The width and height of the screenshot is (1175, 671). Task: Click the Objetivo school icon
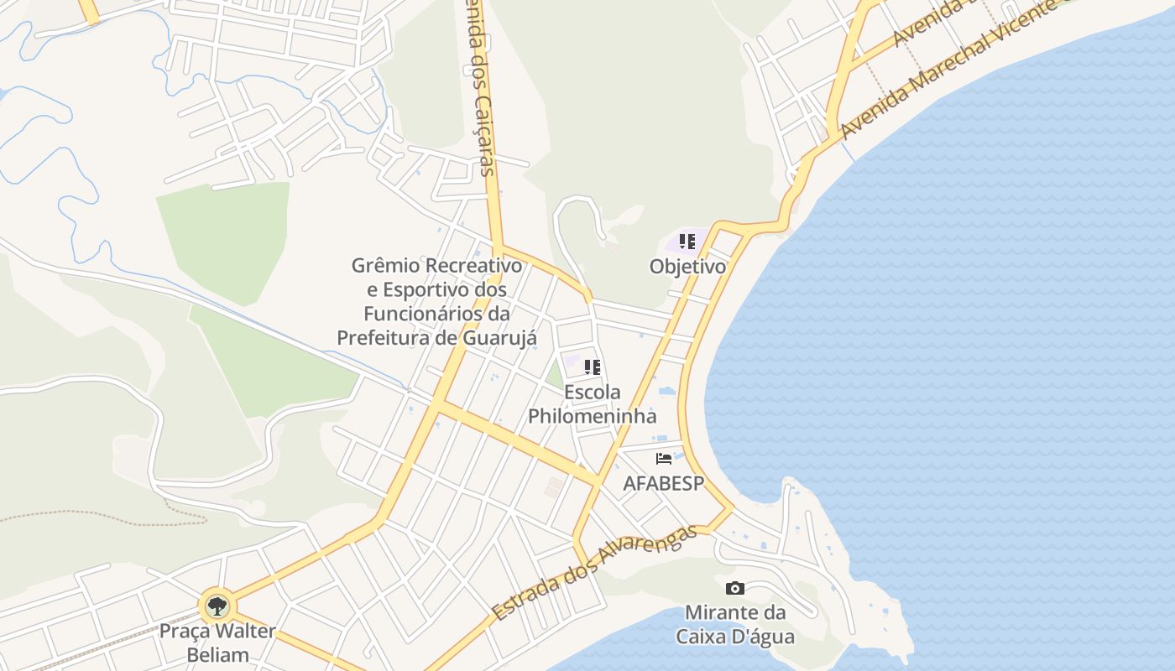click(687, 242)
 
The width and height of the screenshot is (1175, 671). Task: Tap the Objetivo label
click(687, 267)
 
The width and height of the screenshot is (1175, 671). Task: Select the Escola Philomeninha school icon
click(593, 367)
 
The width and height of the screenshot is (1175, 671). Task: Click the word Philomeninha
click(592, 415)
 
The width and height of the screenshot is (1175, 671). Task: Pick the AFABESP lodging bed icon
click(664, 459)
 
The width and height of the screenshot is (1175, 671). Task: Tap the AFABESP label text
click(663, 484)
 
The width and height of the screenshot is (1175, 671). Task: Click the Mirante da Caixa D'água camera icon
click(735, 588)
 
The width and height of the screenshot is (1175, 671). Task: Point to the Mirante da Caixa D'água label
click(735, 624)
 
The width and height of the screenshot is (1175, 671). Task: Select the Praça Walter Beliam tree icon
click(217, 605)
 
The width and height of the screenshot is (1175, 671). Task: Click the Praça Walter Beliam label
click(217, 642)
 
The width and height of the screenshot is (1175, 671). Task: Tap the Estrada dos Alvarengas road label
click(594, 574)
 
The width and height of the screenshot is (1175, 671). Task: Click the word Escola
click(593, 392)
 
